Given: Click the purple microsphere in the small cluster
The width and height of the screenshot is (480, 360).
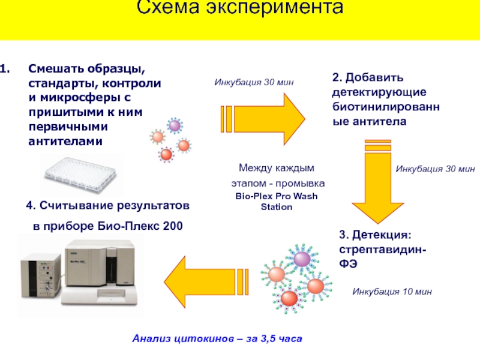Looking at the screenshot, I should pos(175,125).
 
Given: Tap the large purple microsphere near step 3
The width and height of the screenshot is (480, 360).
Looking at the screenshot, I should pos(302,258).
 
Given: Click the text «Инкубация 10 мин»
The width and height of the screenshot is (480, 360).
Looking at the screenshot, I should pos(392,292).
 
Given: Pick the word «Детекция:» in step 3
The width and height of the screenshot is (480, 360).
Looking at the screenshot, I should pos(383,234).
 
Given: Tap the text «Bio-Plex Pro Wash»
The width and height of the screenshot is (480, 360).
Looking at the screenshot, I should pos(276,197).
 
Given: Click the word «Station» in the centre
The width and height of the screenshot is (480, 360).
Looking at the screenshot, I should pos(276,207).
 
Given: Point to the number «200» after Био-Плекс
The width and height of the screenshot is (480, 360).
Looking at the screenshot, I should pos(172,226).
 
